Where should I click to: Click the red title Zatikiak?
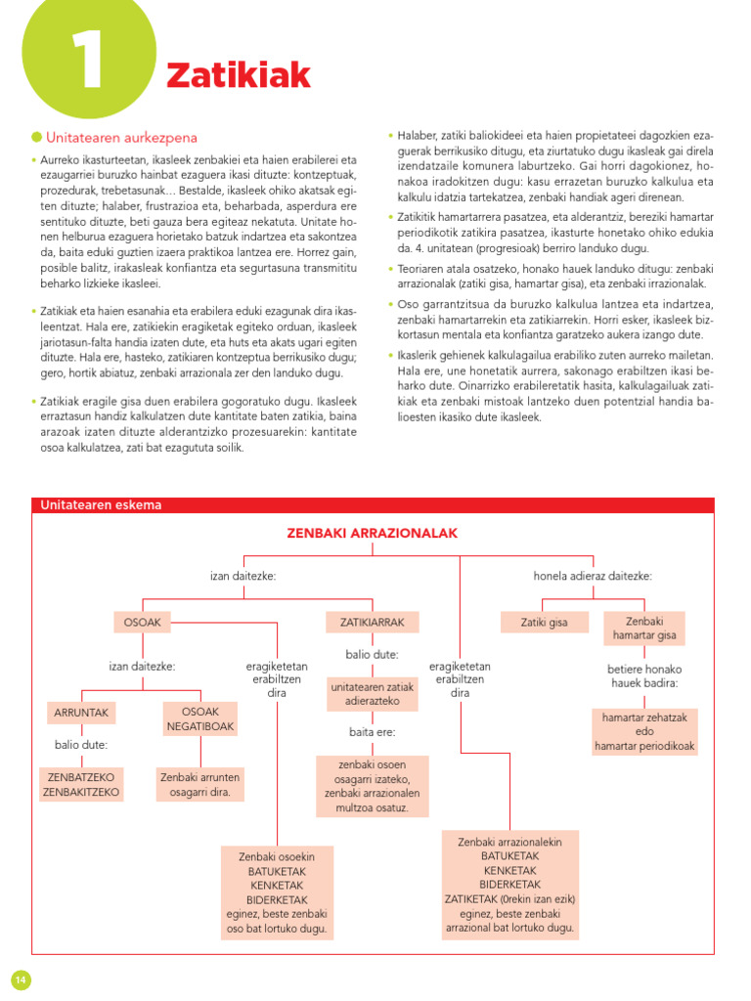pos(239,74)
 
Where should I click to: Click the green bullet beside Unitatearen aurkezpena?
pos(36,137)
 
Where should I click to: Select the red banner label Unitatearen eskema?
pos(101,505)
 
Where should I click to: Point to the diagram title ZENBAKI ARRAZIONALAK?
pos(372,533)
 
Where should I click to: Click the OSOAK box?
pos(144,622)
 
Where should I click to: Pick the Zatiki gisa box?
pos(544,622)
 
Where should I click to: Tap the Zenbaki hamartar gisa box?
pos(644,629)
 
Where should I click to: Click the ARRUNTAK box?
pos(81,713)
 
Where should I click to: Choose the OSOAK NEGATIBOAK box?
pos(199,719)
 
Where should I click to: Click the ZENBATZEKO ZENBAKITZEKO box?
pos(81,784)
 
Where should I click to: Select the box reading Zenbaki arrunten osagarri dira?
pos(199,784)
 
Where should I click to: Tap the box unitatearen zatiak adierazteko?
pos(372,694)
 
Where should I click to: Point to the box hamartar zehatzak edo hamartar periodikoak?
pos(644,731)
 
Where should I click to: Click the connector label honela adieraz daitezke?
pos(592,576)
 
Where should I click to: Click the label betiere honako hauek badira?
pos(644,675)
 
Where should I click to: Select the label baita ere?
pos(372,730)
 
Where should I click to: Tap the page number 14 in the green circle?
pos(21,979)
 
